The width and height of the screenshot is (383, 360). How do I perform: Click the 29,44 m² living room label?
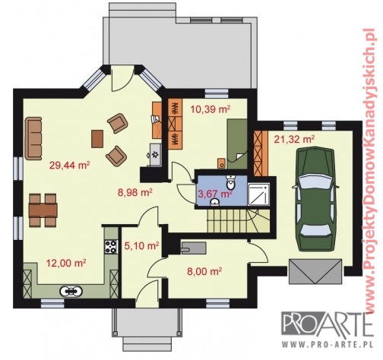point(70,166)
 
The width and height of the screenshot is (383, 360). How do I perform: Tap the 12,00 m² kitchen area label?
point(66,263)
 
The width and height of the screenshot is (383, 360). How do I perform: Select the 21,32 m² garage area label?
point(294,139)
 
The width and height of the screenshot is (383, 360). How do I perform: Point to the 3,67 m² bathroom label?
point(215,194)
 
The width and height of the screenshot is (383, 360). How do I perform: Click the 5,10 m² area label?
point(141,245)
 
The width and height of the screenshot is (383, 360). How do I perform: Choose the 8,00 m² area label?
point(204,271)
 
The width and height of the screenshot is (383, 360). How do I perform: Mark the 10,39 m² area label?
point(210,110)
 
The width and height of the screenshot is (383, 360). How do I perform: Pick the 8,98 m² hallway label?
point(135,193)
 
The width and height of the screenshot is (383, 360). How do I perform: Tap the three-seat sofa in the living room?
point(33,138)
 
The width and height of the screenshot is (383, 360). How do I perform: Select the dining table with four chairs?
point(43,210)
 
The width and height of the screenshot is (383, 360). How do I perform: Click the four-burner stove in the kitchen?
point(111,246)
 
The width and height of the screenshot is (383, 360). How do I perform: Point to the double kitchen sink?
point(71,291)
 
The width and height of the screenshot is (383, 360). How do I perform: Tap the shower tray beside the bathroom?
point(258,194)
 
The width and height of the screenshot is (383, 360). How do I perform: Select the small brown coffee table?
point(97,139)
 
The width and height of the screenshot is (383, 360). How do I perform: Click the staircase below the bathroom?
point(238,220)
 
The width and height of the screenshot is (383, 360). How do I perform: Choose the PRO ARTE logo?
point(328,325)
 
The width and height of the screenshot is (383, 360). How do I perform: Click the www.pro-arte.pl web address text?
point(328,345)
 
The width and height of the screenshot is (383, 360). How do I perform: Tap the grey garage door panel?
point(315,271)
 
